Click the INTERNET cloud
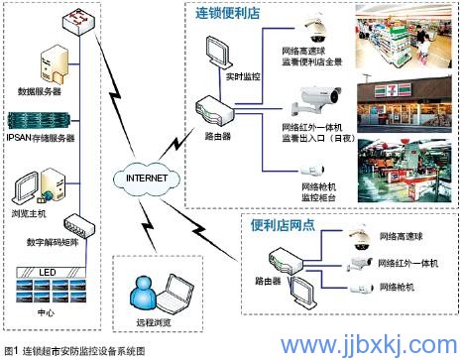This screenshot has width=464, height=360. [142, 179]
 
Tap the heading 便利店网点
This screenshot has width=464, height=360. [286, 227]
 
